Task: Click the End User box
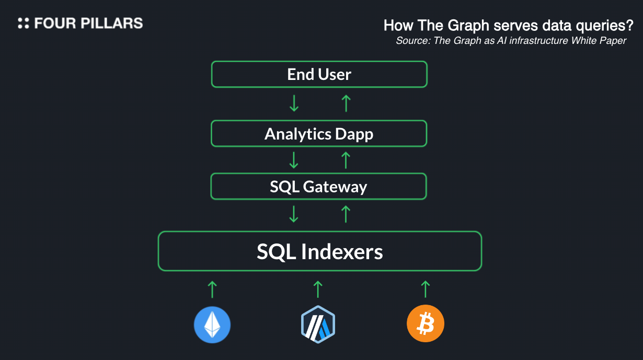coord(319,74)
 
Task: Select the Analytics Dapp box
coord(319,134)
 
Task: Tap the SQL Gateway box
coord(319,187)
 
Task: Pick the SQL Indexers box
coord(319,251)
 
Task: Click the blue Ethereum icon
coord(212,324)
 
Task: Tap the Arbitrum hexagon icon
coord(318,324)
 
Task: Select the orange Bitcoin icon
coord(426,324)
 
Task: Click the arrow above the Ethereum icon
coord(212,289)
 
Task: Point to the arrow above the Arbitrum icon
coord(318,289)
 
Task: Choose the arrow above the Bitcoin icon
coord(426,289)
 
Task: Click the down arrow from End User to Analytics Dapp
coord(294,103)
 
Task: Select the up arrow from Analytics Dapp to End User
coord(345,103)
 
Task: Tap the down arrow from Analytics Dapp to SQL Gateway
coord(294,160)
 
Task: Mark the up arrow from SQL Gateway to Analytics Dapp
coord(345,160)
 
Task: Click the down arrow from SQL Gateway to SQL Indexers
coord(294,214)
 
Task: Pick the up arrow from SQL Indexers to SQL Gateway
coord(345,214)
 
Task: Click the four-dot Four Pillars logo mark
coord(24,23)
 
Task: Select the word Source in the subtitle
coord(411,41)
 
